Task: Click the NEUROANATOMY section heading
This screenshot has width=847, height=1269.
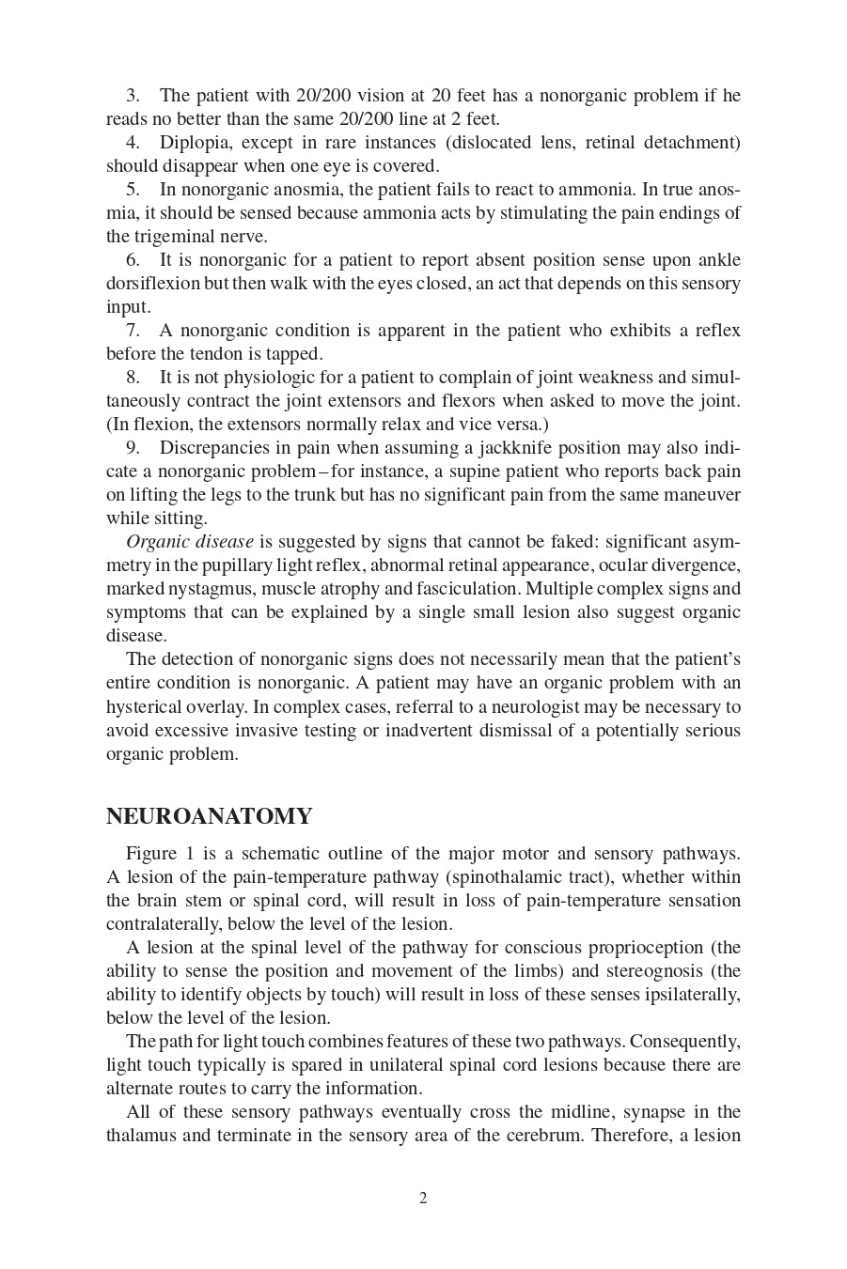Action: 209,816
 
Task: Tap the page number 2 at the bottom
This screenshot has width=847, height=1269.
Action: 423,1198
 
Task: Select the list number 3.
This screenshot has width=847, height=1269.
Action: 133,96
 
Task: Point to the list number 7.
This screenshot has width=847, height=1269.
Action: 133,331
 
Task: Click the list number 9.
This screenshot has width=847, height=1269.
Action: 133,448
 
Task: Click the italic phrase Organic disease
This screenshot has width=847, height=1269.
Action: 189,542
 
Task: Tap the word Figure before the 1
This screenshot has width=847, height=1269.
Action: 151,854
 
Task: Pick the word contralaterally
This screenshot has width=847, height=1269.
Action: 165,924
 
